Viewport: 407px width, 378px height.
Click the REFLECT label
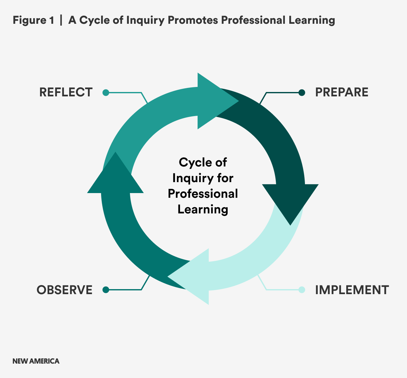click(x=66, y=92)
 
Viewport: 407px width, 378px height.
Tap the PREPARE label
click(x=342, y=92)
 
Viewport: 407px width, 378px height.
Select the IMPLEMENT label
click(x=352, y=290)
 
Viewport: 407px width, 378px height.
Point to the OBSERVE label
click(x=64, y=290)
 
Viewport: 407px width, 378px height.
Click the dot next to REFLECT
click(x=106, y=93)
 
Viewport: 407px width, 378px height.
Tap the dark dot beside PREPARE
click(x=302, y=93)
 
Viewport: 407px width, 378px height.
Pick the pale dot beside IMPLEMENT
click(x=302, y=290)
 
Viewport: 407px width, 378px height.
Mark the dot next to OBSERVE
click(x=106, y=290)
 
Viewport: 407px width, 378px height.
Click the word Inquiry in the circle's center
click(x=191, y=178)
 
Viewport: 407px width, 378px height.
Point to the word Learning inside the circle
click(x=203, y=209)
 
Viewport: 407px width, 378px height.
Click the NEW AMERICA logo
click(x=36, y=361)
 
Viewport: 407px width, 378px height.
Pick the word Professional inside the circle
click(x=203, y=194)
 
